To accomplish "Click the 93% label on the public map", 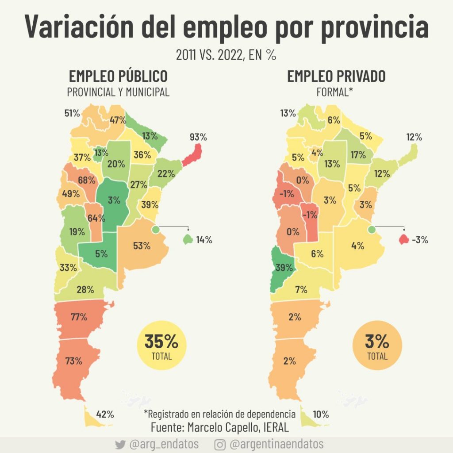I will (198, 137).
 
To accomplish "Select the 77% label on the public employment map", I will (78, 317).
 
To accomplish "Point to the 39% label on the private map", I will (284, 268).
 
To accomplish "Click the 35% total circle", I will (161, 346).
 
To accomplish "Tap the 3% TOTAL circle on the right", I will (377, 346).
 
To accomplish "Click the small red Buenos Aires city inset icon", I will (403, 240).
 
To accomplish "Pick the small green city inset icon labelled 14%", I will (188, 240).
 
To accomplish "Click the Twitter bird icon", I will (119, 444).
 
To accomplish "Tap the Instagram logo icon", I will (220, 444).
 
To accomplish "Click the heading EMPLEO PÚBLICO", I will (118, 76).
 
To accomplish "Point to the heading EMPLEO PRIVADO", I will (336, 76).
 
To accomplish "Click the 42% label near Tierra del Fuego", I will (105, 415).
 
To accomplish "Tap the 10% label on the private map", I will (320, 415).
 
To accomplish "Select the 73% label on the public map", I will (74, 361).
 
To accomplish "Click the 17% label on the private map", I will (358, 155).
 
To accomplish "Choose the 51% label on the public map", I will (72, 113).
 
